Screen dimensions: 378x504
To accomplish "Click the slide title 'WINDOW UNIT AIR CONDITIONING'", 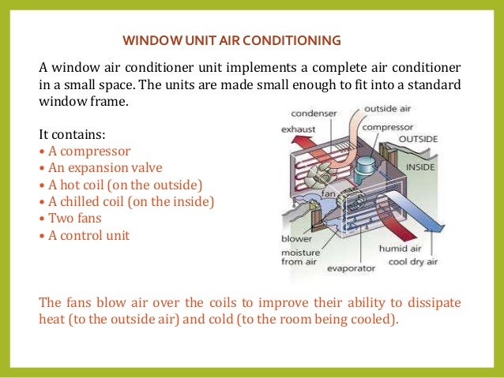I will coord(232,39).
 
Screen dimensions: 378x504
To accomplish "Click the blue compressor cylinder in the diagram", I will coord(367,165).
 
